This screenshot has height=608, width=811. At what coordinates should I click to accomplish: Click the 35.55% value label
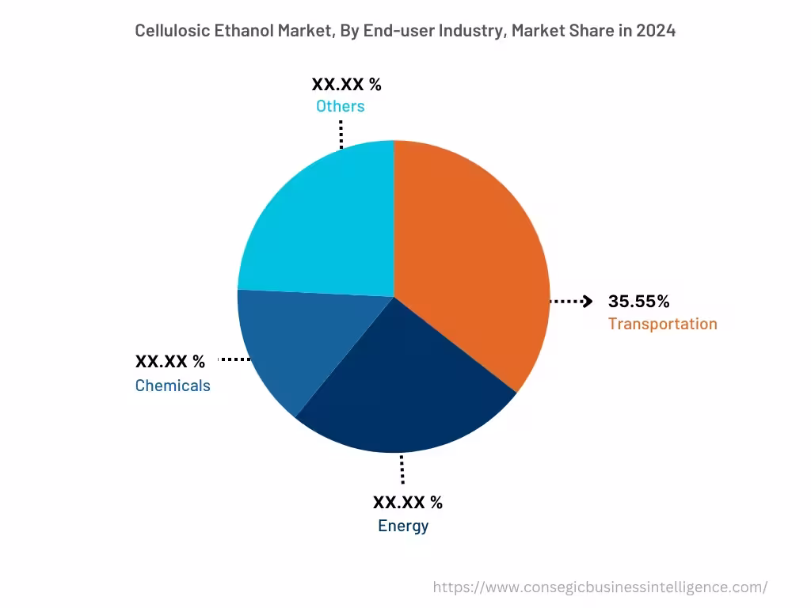coord(638,302)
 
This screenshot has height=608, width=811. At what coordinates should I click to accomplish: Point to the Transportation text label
coord(662,324)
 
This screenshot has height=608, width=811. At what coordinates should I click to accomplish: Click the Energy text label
coord(403,526)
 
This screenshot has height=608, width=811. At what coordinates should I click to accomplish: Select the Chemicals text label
coord(173,386)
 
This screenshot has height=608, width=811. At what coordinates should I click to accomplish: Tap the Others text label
coord(341,106)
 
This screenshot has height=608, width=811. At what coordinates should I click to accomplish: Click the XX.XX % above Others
coord(347,85)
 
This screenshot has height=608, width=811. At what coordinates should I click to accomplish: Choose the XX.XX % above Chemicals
coord(170,362)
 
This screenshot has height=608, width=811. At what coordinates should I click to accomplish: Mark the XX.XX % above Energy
coord(408,502)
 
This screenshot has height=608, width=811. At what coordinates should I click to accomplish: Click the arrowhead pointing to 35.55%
coord(588,302)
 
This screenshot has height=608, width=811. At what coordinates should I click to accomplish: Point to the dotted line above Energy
coord(402,469)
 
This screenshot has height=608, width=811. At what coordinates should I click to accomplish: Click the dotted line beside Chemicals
coord(234,360)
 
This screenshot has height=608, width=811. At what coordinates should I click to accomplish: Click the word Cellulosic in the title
coord(173,31)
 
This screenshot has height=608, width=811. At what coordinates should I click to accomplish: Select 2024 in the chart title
coord(657,31)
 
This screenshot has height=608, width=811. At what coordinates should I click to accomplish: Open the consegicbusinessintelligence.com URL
coord(600,587)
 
